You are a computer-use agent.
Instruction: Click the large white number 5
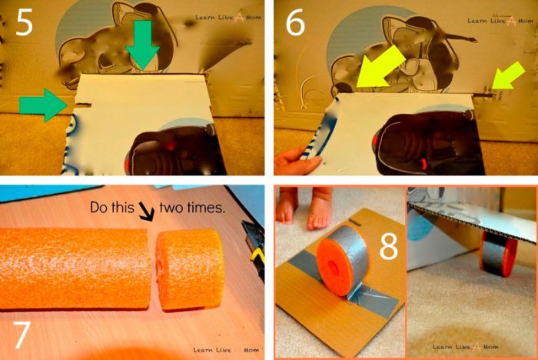point(24,22)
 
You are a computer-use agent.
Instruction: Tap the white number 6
point(295,23)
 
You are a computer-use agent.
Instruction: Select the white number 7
point(22,335)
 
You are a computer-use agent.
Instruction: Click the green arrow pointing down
point(142,44)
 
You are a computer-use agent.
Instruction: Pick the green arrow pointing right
point(43,105)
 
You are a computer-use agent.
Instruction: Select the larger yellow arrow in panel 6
point(380,68)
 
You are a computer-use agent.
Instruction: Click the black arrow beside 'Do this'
point(147,211)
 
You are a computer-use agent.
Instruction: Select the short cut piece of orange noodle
point(190,269)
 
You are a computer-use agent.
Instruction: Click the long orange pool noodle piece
point(75,268)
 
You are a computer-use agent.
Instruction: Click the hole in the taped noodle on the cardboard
point(333,268)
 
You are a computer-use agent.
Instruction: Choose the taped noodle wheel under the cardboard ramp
point(498,253)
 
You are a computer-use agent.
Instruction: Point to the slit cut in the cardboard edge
point(83,103)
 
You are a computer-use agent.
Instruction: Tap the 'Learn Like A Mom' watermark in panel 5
point(228,17)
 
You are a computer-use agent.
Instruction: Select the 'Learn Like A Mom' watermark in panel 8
point(465,347)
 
